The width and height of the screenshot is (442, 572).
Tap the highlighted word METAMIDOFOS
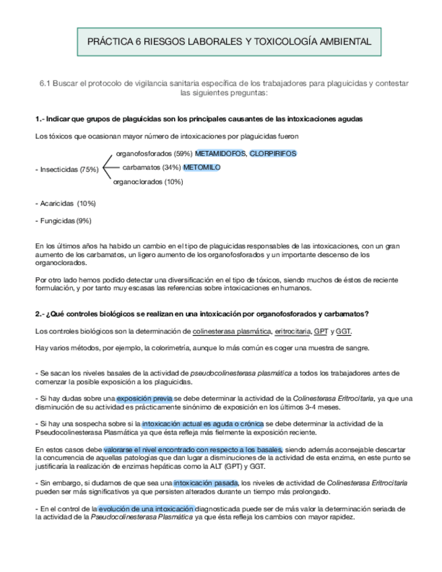coord(220,154)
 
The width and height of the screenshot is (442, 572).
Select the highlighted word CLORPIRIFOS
coord(273,154)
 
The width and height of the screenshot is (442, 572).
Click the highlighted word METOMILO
coord(202,167)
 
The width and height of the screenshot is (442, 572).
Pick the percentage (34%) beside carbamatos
coord(172,167)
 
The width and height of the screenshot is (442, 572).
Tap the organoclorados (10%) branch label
coord(148,181)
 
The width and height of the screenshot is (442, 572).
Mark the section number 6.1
coord(45,83)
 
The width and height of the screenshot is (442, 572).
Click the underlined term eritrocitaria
coord(292,331)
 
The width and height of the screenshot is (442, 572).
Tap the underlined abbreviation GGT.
coord(343,331)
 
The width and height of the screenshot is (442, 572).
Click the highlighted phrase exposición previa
coord(144,399)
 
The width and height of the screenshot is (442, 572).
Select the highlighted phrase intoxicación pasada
coord(206,483)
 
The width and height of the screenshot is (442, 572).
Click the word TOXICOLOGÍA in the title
coord(284,42)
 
